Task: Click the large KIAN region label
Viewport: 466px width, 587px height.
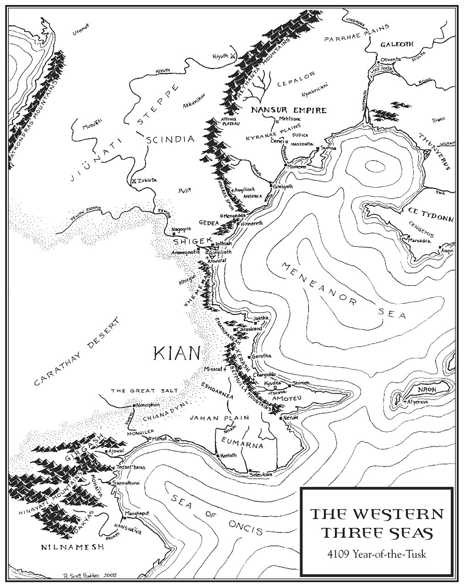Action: coord(177,353)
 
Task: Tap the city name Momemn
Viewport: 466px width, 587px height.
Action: coord(296,167)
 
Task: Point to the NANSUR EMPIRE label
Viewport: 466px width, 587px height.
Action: coord(288,110)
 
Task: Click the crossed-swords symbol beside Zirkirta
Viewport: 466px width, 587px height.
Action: coord(134,181)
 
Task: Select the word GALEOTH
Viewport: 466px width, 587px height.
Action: coord(397,44)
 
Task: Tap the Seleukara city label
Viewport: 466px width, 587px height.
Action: coord(261,475)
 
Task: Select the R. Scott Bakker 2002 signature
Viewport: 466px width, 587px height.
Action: coord(90,574)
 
